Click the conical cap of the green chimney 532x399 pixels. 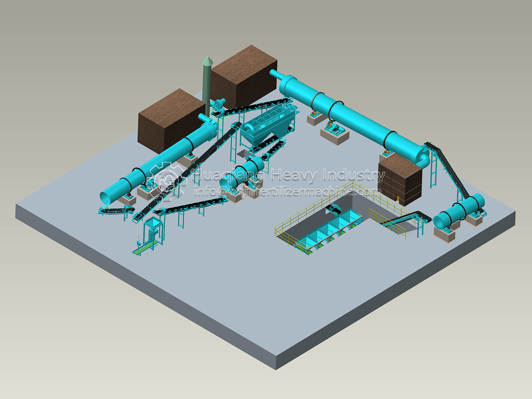207,61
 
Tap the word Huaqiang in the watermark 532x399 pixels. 228,175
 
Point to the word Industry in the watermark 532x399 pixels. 354,175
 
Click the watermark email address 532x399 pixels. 288,192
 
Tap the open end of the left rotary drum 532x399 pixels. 108,198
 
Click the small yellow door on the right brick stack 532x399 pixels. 398,199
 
